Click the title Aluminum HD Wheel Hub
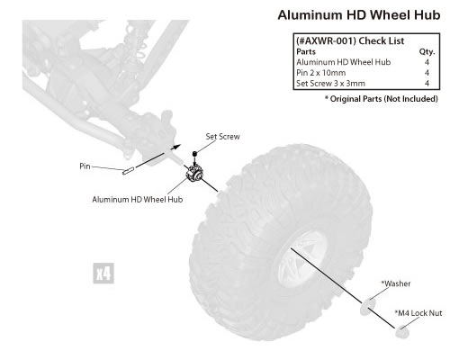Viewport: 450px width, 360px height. pyautogui.click(x=359, y=15)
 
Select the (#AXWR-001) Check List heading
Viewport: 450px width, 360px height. pyautogui.click(x=350, y=40)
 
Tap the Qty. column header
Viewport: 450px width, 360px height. pyautogui.click(x=427, y=52)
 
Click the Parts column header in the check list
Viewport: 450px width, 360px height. pyautogui.click(x=306, y=51)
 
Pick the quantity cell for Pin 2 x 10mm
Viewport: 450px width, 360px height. pyautogui.click(x=427, y=73)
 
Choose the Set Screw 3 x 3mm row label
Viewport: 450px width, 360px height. pyautogui.click(x=330, y=84)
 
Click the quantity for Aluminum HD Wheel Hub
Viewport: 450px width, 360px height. pyautogui.click(x=427, y=62)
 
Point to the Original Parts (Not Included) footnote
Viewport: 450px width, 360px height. pyautogui.click(x=382, y=99)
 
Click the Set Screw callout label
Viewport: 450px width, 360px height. pyautogui.click(x=222, y=137)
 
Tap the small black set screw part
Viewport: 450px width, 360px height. pyautogui.click(x=194, y=154)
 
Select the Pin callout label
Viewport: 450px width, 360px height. pyautogui.click(x=85, y=166)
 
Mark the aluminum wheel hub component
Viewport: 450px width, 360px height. pyautogui.click(x=194, y=173)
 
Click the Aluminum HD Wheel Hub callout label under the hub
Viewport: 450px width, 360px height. pyautogui.click(x=138, y=200)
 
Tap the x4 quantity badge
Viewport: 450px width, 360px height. pyautogui.click(x=103, y=274)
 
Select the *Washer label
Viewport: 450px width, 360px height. pyautogui.click(x=396, y=283)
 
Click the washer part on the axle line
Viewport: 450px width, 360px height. pyautogui.click(x=368, y=307)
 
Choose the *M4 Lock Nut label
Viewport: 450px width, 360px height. pyautogui.click(x=418, y=313)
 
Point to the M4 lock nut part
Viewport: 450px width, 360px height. pyautogui.click(x=402, y=332)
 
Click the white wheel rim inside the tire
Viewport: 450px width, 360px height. pyautogui.click(x=303, y=259)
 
